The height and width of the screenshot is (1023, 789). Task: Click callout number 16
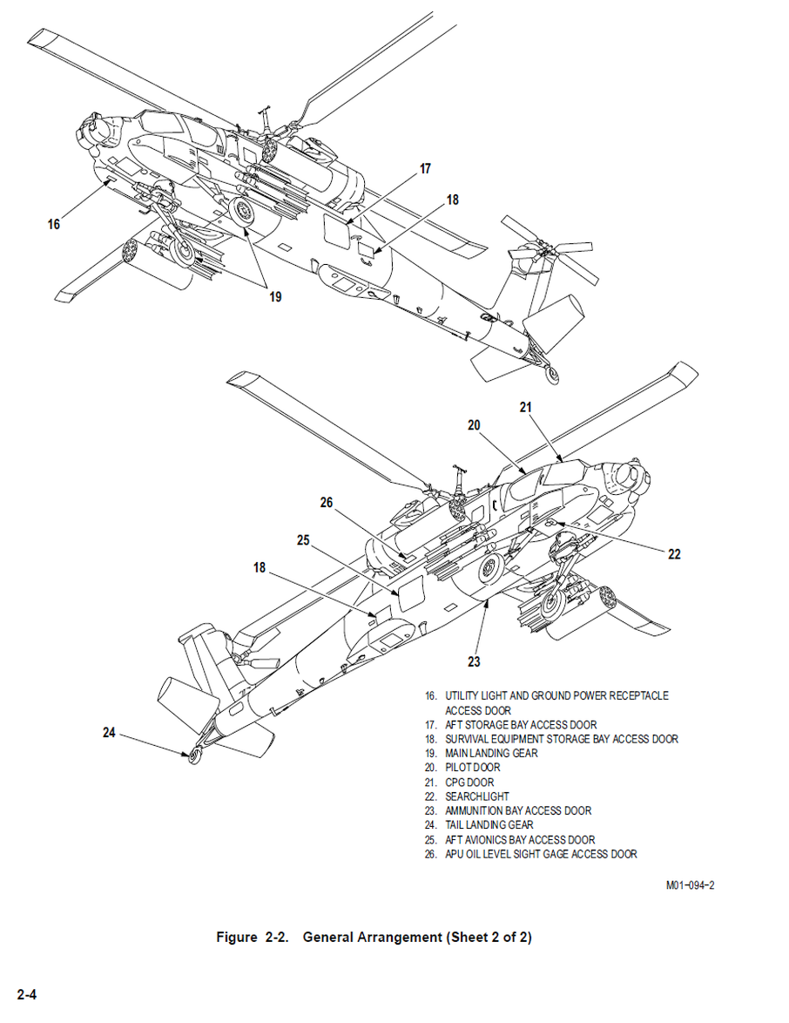pos(54,225)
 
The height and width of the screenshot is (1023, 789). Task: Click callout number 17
pos(425,169)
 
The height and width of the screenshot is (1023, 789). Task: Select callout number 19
pos(275,296)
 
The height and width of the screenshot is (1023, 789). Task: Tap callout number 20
pos(474,425)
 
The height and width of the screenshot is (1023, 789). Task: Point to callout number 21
pos(526,406)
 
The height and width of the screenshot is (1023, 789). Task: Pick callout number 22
pos(674,553)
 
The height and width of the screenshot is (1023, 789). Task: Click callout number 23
pos(474,661)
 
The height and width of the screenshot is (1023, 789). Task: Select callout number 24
pos(109,733)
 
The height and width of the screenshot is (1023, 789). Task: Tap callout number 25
pos(303,540)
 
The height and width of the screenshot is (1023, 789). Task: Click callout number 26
pos(327,503)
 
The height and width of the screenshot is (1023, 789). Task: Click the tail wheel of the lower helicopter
pos(192,756)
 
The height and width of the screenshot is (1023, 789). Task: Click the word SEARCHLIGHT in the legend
pos(477,796)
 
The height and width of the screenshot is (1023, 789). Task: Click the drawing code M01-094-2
pos(691,886)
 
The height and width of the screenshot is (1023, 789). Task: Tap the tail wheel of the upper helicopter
pos(552,376)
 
